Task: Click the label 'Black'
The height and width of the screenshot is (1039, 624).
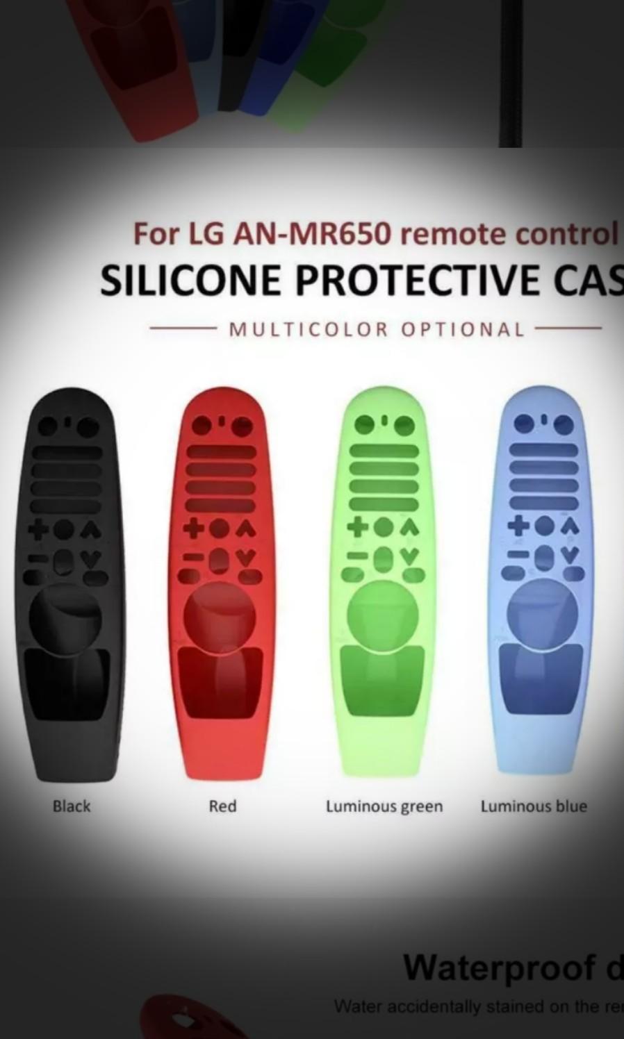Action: click(x=72, y=806)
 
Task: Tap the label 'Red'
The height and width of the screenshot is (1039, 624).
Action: click(x=222, y=806)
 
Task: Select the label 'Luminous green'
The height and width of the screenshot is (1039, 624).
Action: click(x=384, y=806)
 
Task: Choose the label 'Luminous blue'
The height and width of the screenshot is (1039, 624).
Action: click(x=534, y=806)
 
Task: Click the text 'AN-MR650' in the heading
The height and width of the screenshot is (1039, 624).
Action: click(x=311, y=234)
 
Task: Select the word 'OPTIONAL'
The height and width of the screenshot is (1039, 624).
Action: click(x=463, y=329)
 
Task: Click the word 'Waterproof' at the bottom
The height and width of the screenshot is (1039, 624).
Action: click(x=499, y=966)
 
